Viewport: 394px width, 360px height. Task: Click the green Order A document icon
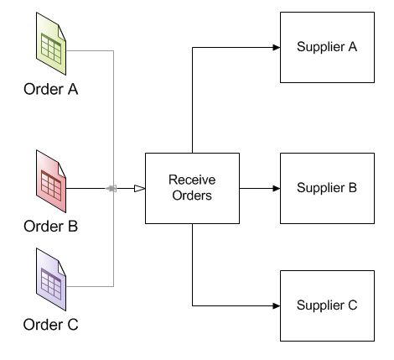[x=51, y=44]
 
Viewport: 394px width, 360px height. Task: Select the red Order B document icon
[x=51, y=181]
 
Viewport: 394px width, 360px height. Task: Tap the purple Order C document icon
[x=51, y=279]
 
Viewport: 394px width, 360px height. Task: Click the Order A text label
[x=51, y=89]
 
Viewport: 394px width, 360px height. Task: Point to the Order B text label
[x=50, y=227]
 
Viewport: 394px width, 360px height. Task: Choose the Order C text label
[x=50, y=325]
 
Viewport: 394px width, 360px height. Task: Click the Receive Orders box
[x=192, y=188]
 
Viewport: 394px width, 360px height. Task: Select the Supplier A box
[x=327, y=47]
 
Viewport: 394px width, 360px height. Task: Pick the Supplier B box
[x=327, y=188]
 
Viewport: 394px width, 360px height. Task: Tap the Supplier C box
[x=327, y=305]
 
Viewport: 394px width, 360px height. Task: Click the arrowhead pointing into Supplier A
[x=277, y=47]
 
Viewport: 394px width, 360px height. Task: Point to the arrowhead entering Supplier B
[x=277, y=188]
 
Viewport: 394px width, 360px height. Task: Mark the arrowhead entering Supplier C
[x=277, y=305]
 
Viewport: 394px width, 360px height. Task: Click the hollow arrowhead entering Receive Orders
[x=140, y=188]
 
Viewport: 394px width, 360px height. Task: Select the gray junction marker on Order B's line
[x=111, y=188]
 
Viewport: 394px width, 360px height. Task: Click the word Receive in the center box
[x=192, y=180]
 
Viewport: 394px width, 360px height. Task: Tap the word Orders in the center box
[x=192, y=196]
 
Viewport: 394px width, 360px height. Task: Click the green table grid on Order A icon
[x=51, y=49]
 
